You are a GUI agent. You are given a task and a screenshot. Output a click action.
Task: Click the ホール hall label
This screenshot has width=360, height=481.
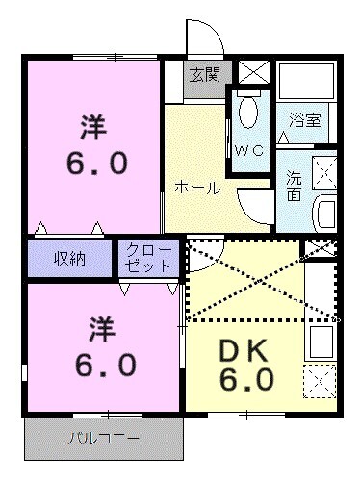coord(198,189)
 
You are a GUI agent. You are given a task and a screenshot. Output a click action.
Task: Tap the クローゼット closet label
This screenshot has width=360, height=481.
coord(147,258)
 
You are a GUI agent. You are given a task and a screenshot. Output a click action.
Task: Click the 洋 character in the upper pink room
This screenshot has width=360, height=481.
coord(92,127)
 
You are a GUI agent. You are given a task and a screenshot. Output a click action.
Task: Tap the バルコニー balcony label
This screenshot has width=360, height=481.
coord(103,440)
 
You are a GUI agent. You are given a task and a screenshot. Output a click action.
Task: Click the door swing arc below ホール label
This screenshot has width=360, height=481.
coord(255,207)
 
